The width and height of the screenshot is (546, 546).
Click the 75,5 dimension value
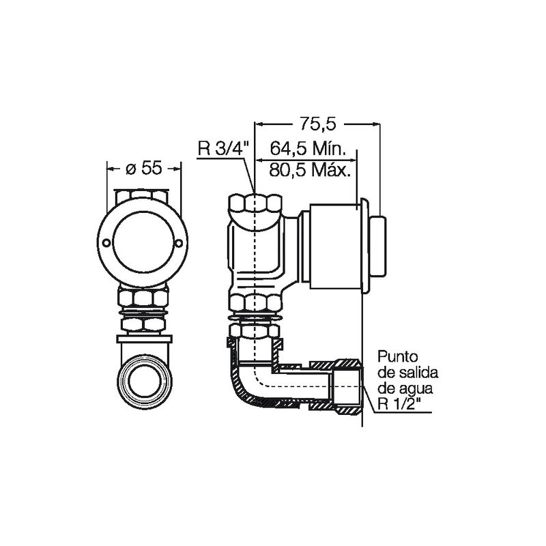click(318, 124)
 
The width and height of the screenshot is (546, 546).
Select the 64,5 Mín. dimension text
click(308, 149)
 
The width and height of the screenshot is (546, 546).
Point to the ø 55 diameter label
click(144, 169)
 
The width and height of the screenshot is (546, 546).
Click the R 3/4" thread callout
click(224, 149)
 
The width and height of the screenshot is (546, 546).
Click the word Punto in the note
click(398, 357)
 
